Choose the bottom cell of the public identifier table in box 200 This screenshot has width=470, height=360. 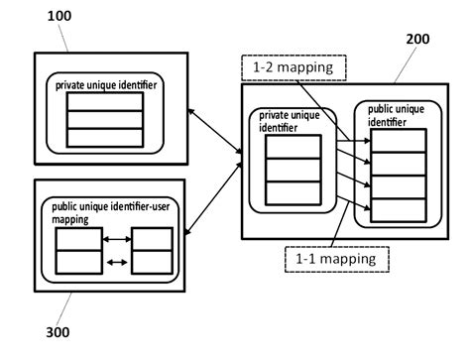click(x=394, y=209)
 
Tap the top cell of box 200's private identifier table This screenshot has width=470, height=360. click(x=294, y=146)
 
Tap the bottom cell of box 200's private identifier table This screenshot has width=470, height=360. click(x=294, y=191)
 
